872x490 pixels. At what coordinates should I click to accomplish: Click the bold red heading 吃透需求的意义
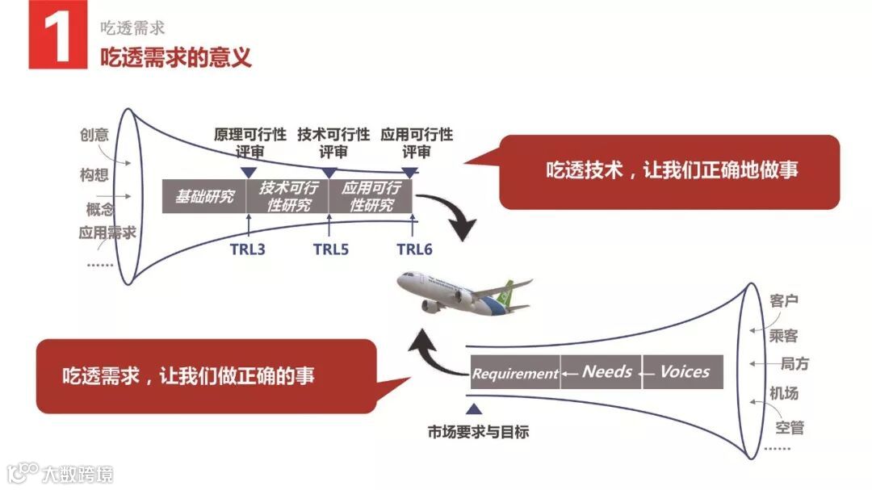(x=176, y=57)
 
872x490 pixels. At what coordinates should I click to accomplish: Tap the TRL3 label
(x=247, y=249)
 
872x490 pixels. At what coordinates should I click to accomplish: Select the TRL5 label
(x=331, y=249)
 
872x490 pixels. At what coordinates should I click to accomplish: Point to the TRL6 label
(x=414, y=249)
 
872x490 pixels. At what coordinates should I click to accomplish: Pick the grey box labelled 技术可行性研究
(x=288, y=196)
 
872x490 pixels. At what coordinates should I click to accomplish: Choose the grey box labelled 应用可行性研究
(x=371, y=196)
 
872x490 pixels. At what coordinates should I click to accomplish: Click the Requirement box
(x=515, y=373)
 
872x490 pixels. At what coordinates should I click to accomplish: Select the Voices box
(x=683, y=371)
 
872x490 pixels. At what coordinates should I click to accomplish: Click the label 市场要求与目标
(x=479, y=432)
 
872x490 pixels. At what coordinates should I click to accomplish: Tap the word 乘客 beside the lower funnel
(x=784, y=333)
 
